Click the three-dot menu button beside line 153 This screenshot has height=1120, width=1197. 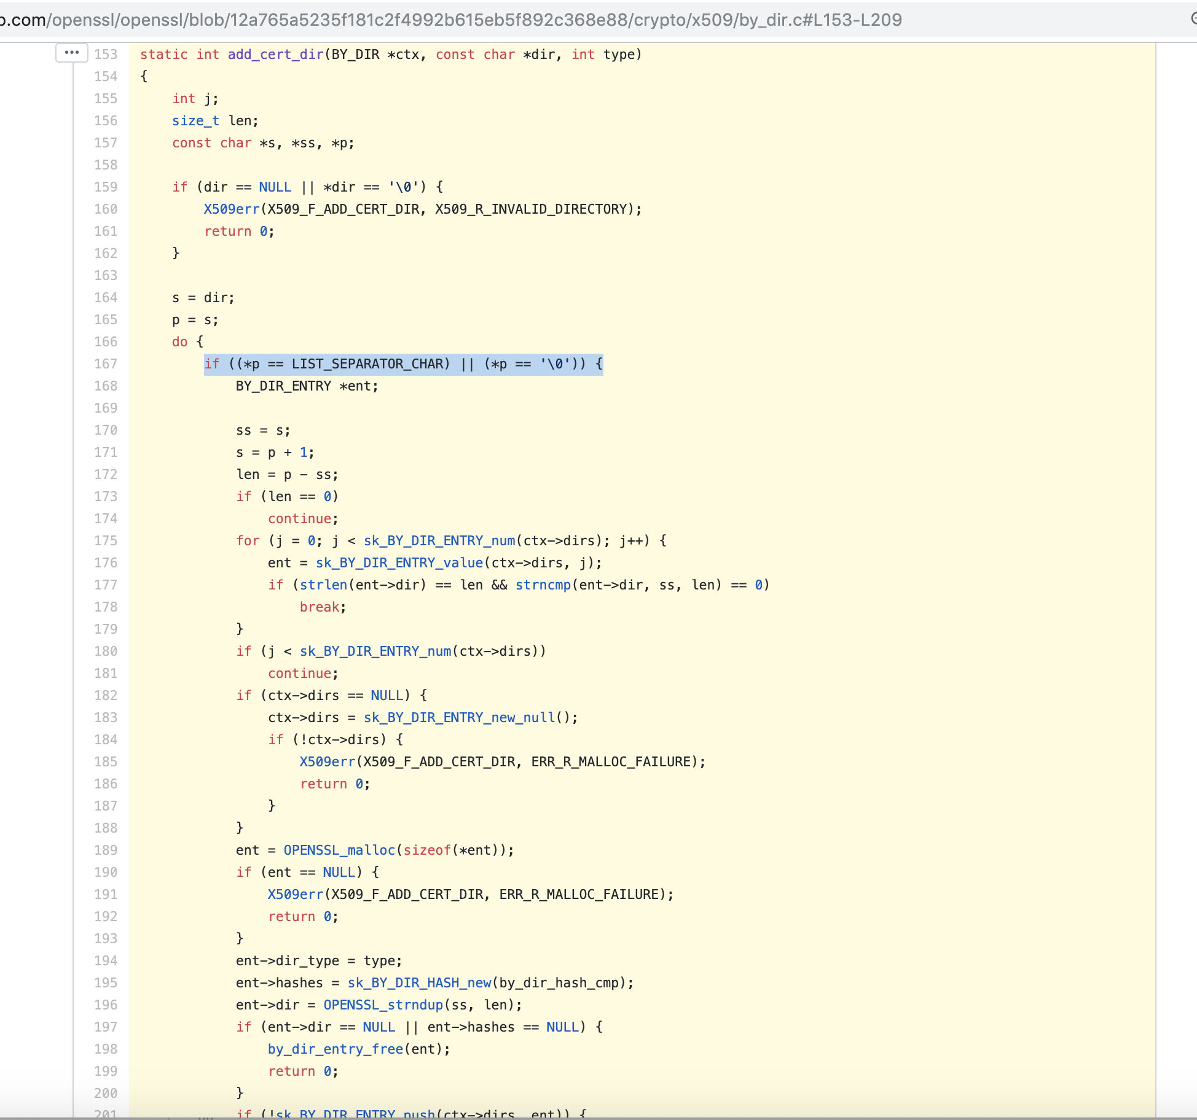click(x=72, y=53)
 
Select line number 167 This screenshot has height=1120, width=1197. click(x=106, y=364)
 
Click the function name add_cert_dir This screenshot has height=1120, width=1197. click(x=275, y=55)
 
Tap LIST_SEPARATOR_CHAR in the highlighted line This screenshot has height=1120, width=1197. click(x=371, y=364)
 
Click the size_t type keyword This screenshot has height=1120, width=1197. click(x=195, y=121)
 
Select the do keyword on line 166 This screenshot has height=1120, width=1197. click(x=179, y=342)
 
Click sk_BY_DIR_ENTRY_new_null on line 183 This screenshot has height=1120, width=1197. click(x=459, y=718)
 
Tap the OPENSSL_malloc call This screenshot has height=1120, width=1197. click(x=339, y=850)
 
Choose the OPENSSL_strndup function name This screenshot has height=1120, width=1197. click(x=383, y=1005)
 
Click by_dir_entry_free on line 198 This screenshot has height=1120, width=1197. click(x=335, y=1049)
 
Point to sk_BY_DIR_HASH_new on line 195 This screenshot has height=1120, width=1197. click(x=419, y=983)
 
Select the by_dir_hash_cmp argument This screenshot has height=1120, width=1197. click(x=559, y=983)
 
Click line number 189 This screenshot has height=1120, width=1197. click(x=106, y=850)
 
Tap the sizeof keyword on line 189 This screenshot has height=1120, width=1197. click(x=426, y=850)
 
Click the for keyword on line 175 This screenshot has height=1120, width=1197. click(x=248, y=541)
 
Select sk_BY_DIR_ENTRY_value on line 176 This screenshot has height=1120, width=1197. click(x=399, y=563)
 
